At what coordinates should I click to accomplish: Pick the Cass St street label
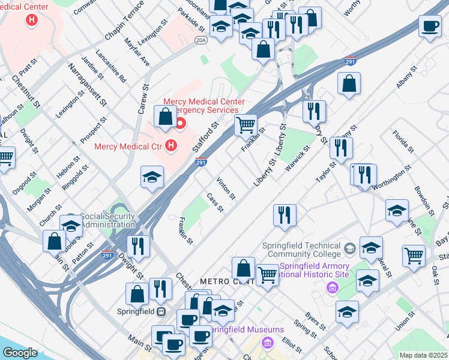tap(214, 202)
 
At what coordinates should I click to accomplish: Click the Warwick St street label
tap(298, 157)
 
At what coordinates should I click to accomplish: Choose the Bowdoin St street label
tap(424, 200)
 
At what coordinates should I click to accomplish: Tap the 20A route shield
tap(200, 40)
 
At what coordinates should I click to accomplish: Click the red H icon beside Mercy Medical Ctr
tap(171, 145)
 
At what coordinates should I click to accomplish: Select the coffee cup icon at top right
tap(430, 27)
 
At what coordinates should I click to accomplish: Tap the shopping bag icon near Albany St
tap(349, 85)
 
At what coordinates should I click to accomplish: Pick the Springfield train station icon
tap(161, 311)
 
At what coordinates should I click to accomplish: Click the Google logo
tap(20, 353)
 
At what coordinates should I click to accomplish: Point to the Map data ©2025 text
tap(424, 355)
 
